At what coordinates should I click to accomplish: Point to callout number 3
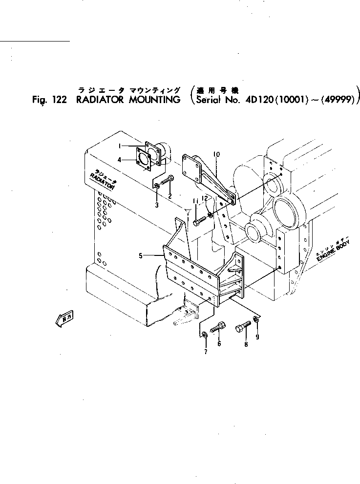point(157,205)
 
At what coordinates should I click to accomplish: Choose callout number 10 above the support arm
point(217,154)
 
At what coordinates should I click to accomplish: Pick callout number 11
point(194,201)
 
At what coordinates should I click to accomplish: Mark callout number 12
point(206,198)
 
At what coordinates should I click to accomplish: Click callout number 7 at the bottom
point(205,352)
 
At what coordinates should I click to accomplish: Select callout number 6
point(219,344)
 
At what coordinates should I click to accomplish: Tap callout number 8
point(246,344)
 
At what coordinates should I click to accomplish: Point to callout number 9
point(257,337)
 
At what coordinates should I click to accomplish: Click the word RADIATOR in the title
point(101,101)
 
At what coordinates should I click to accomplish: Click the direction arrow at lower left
point(64,319)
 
